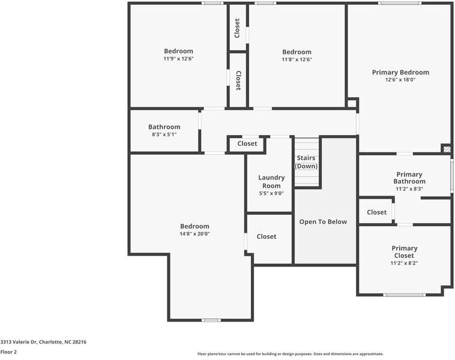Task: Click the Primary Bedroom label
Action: click(x=400, y=73)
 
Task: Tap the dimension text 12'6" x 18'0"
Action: click(x=400, y=80)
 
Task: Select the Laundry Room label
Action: click(x=271, y=181)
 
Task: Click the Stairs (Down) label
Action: click(x=306, y=162)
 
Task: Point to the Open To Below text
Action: click(x=323, y=222)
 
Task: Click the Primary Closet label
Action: click(x=404, y=252)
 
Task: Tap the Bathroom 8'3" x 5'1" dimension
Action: click(x=164, y=134)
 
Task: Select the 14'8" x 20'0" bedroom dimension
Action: click(x=194, y=234)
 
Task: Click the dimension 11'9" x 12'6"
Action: click(x=178, y=59)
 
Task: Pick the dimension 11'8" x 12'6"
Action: click(x=297, y=59)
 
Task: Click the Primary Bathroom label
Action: click(x=409, y=178)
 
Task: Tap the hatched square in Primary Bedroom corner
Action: click(x=446, y=148)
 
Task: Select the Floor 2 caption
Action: click(x=8, y=352)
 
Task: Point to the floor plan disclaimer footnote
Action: click(x=291, y=354)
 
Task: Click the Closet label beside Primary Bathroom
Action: click(x=376, y=212)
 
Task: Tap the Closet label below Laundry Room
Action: click(x=267, y=237)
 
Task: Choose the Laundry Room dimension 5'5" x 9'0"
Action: click(x=271, y=193)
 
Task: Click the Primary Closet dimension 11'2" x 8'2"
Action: click(x=404, y=263)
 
